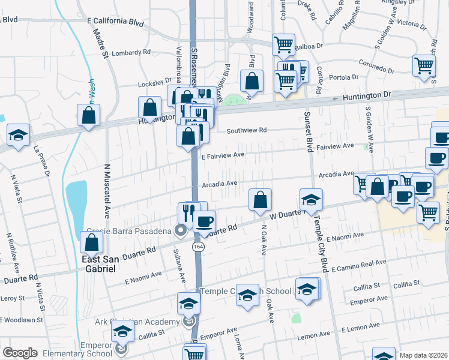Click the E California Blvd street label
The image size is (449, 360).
point(116,22)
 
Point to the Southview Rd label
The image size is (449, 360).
point(246,130)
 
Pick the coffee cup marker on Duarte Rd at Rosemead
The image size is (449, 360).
point(204,221)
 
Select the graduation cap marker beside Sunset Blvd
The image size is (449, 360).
point(311,200)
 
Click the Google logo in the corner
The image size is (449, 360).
point(20,353)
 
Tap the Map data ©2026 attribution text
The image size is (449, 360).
point(424,355)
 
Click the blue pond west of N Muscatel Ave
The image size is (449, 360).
point(76,198)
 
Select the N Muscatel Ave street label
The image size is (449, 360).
point(108,190)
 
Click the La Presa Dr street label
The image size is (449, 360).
point(41,161)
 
